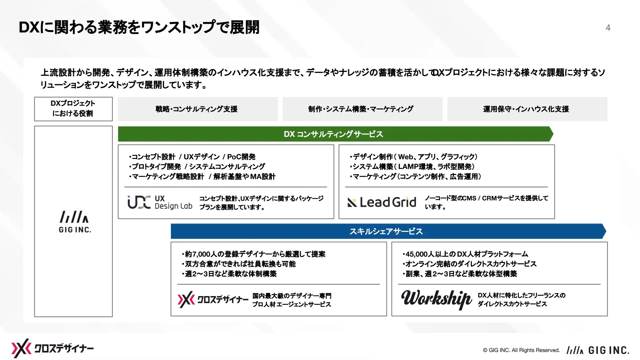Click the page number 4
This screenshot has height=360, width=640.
[608, 28]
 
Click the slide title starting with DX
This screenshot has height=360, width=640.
[139, 27]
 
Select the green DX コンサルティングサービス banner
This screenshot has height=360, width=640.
[335, 134]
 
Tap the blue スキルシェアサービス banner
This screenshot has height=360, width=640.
[388, 231]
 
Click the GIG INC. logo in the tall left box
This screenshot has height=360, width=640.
[75, 221]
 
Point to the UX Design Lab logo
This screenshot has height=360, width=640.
[160, 202]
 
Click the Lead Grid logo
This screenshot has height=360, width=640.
[382, 202]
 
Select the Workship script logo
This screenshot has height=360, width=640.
[436, 299]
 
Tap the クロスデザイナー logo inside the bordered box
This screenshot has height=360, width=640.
[213, 299]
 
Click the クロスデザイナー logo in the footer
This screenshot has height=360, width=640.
[52, 348]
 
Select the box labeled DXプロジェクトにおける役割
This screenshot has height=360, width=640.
[73, 109]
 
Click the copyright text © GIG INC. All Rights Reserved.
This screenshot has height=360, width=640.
[521, 350]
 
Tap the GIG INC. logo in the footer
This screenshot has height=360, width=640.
[598, 350]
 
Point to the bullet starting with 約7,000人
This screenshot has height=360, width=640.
[253, 254]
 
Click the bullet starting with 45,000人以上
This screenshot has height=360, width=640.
[465, 254]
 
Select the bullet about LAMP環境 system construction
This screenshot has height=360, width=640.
[412, 167]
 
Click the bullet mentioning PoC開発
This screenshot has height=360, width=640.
[192, 157]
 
